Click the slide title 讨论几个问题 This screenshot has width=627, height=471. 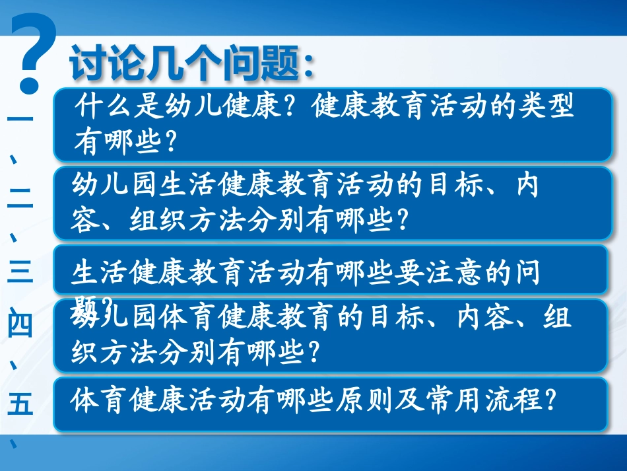coord(191,64)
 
